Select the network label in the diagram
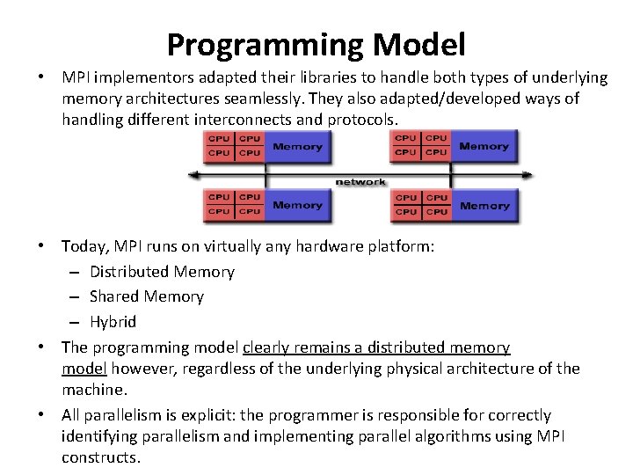(x=360, y=181)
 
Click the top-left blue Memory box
(x=297, y=146)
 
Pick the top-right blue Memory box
(x=484, y=146)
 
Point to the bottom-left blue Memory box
(x=297, y=205)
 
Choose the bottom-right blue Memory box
(x=484, y=205)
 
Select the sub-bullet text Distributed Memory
(x=162, y=272)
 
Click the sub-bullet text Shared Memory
(x=146, y=296)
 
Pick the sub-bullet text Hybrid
(x=113, y=321)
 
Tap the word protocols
(x=362, y=119)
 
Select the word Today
(x=82, y=247)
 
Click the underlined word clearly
(x=266, y=347)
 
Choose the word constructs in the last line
(x=100, y=457)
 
